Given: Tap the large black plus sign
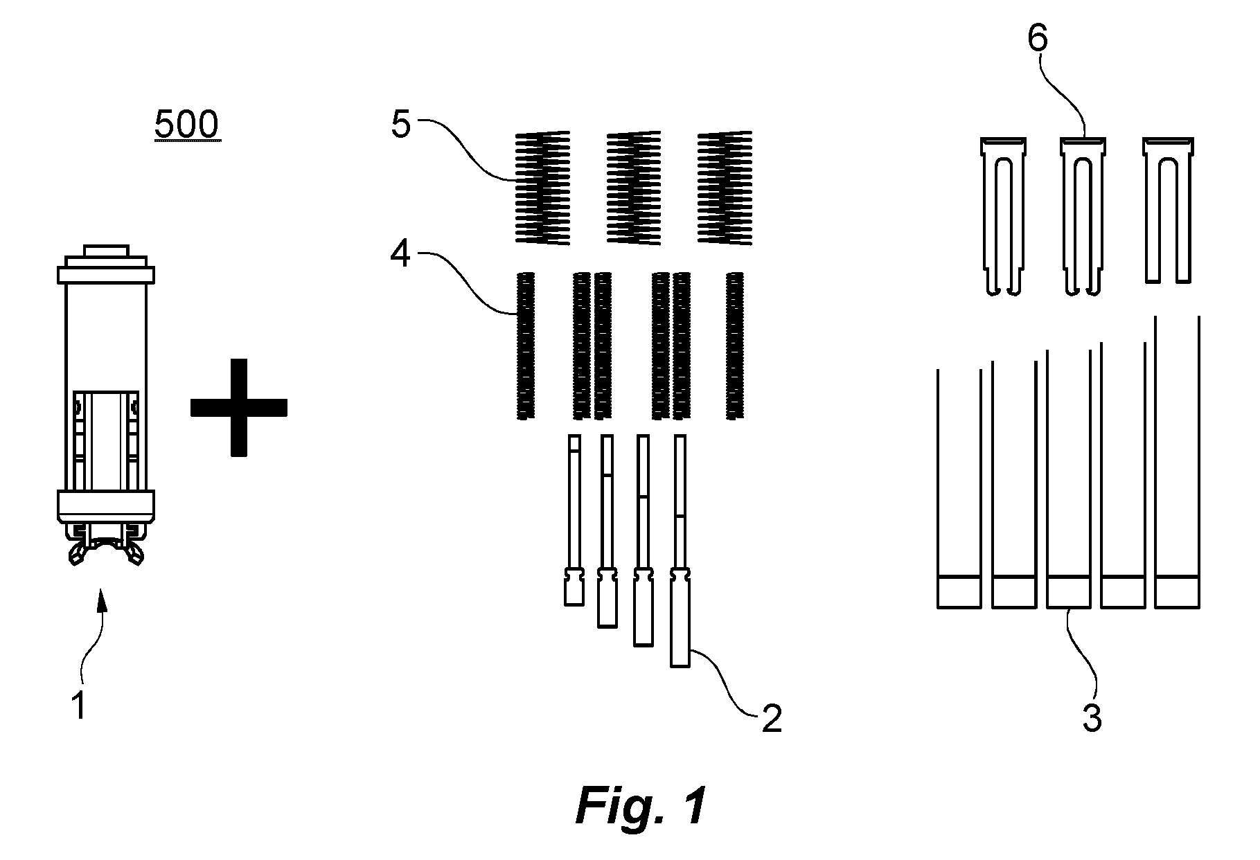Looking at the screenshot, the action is (x=238, y=407).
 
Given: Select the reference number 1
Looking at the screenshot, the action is (x=80, y=706).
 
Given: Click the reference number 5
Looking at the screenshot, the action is (x=401, y=126).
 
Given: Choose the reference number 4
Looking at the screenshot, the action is (x=400, y=256).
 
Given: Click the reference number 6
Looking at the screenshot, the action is (x=1037, y=39).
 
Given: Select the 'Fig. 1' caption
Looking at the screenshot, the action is (x=641, y=805).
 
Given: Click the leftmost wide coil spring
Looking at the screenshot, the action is (x=543, y=188).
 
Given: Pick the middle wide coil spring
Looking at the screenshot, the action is (x=633, y=188).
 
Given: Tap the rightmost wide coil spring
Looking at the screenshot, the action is (x=725, y=188).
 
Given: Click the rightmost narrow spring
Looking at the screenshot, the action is (x=734, y=346).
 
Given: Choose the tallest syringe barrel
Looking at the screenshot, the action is (x=1178, y=462).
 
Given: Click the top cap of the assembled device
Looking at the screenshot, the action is (x=106, y=251).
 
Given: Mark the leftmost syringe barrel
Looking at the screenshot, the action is (x=959, y=489).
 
